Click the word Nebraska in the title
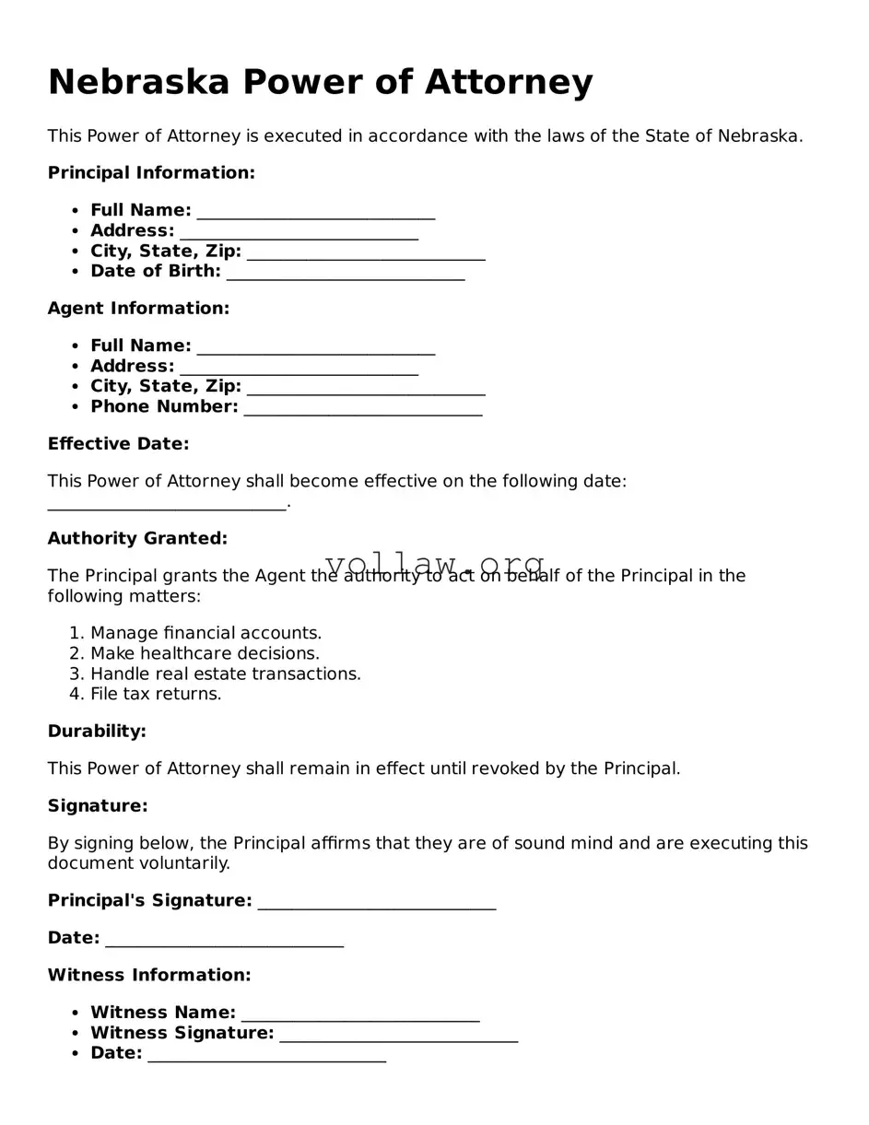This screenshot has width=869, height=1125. pyautogui.click(x=138, y=82)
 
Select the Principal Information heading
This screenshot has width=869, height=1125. pyautogui.click(x=151, y=173)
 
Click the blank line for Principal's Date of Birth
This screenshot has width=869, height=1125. pyautogui.click(x=345, y=274)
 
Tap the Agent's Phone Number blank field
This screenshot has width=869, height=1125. pyautogui.click(x=362, y=409)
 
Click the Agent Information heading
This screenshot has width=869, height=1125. pyautogui.click(x=138, y=309)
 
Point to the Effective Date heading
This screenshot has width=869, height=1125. pyautogui.click(x=118, y=444)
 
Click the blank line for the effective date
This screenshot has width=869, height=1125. pyautogui.click(x=167, y=505)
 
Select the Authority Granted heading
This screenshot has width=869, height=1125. pyautogui.click(x=137, y=539)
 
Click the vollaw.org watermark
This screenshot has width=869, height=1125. pyautogui.click(x=435, y=564)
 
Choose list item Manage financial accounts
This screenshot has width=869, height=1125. pyautogui.click(x=206, y=634)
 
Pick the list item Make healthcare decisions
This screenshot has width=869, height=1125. pyautogui.click(x=205, y=654)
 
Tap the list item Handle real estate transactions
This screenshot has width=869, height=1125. pyautogui.click(x=225, y=674)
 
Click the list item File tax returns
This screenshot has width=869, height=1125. pyautogui.click(x=156, y=695)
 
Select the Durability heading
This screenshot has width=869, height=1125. pyautogui.click(x=97, y=732)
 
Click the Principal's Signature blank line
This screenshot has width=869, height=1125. pyautogui.click(x=376, y=903)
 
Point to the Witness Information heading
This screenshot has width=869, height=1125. pyautogui.click(x=149, y=976)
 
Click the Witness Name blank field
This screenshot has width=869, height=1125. pyautogui.click(x=359, y=1015)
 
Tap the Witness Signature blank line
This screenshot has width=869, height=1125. pyautogui.click(x=398, y=1036)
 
